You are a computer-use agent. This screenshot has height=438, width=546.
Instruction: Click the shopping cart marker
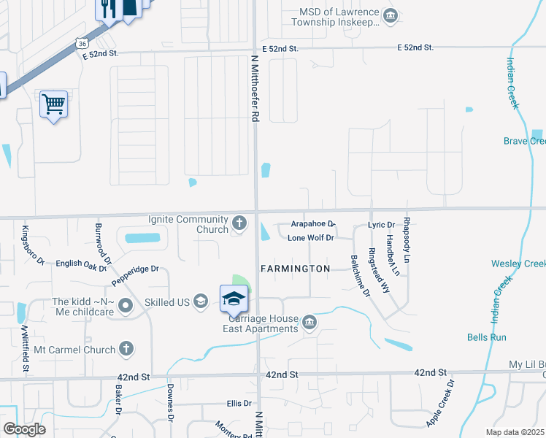coord(53,104)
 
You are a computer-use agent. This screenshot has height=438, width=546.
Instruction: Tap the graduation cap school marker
coord(234,299)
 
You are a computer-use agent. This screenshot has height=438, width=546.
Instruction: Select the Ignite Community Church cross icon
coord(239,221)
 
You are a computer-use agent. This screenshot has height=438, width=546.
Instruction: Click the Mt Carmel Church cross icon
coord(126,349)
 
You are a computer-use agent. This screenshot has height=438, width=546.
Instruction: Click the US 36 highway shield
coord(80,44)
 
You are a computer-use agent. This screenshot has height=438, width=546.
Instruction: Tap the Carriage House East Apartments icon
coord(309,322)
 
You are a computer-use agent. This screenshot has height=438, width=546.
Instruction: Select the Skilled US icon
coord(201,303)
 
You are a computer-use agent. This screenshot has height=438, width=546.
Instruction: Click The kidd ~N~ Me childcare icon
coord(126,304)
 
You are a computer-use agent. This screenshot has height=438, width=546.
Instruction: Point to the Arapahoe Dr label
coord(312,224)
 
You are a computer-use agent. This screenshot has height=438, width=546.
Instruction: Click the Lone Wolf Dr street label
coord(310,238)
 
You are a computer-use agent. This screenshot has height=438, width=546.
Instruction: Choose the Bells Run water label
coord(487,337)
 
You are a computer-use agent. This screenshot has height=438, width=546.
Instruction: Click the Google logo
coord(24,429)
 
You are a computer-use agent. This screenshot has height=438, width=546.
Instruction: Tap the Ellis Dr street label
coord(239,403)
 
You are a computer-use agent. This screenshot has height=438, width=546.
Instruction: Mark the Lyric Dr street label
coord(382,225)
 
